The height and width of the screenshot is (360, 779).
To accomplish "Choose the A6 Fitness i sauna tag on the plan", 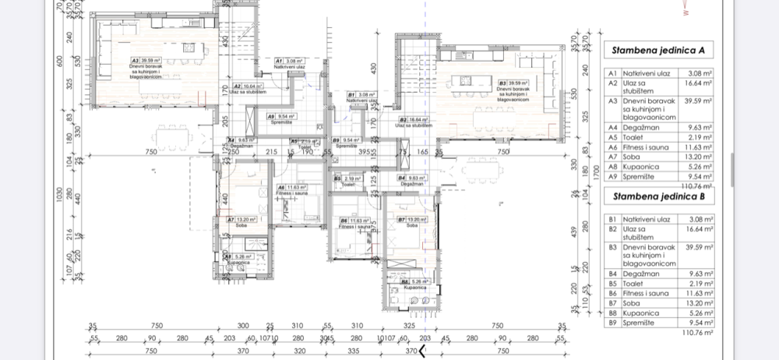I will pyautogui.click(x=291, y=189).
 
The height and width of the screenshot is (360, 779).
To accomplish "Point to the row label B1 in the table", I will pyautogui.click(x=612, y=220).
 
